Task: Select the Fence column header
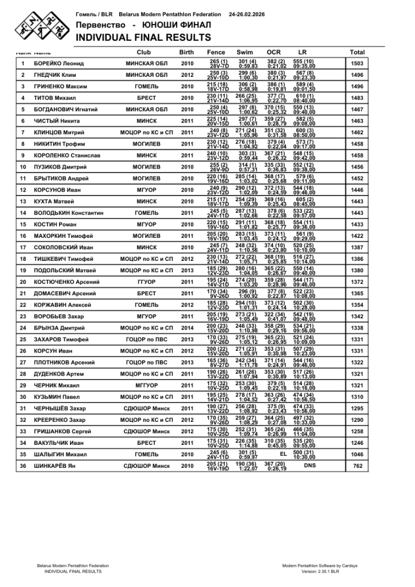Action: (x=216, y=52)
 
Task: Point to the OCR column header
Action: (x=273, y=52)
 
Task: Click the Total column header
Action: (x=357, y=52)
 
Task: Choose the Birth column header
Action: (x=187, y=52)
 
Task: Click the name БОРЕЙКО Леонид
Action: (x=59, y=64)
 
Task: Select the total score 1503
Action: (x=357, y=64)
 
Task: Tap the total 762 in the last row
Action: (x=357, y=466)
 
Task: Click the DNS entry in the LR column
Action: (x=310, y=466)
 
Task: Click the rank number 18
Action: (x=23, y=259)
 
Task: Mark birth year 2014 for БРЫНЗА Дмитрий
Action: (x=187, y=328)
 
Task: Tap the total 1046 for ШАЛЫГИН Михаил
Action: (x=357, y=455)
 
